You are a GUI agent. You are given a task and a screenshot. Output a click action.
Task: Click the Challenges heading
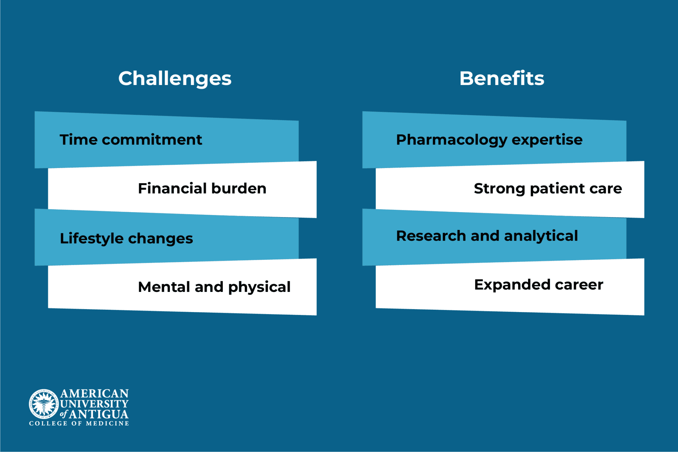175,79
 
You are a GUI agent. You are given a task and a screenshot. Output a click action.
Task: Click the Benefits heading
502,79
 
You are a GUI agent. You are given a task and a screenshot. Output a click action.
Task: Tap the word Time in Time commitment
78,140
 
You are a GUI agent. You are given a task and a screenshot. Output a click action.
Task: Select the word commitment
152,140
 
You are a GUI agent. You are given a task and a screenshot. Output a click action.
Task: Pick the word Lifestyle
92,239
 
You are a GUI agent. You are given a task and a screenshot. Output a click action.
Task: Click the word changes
160,239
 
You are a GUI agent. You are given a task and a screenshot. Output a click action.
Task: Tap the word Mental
164,287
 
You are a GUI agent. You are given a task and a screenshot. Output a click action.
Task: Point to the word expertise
547,140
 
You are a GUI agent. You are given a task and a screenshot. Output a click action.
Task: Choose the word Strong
499,189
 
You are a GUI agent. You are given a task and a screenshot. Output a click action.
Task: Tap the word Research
431,236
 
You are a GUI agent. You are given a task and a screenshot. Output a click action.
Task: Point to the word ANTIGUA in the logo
99,415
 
